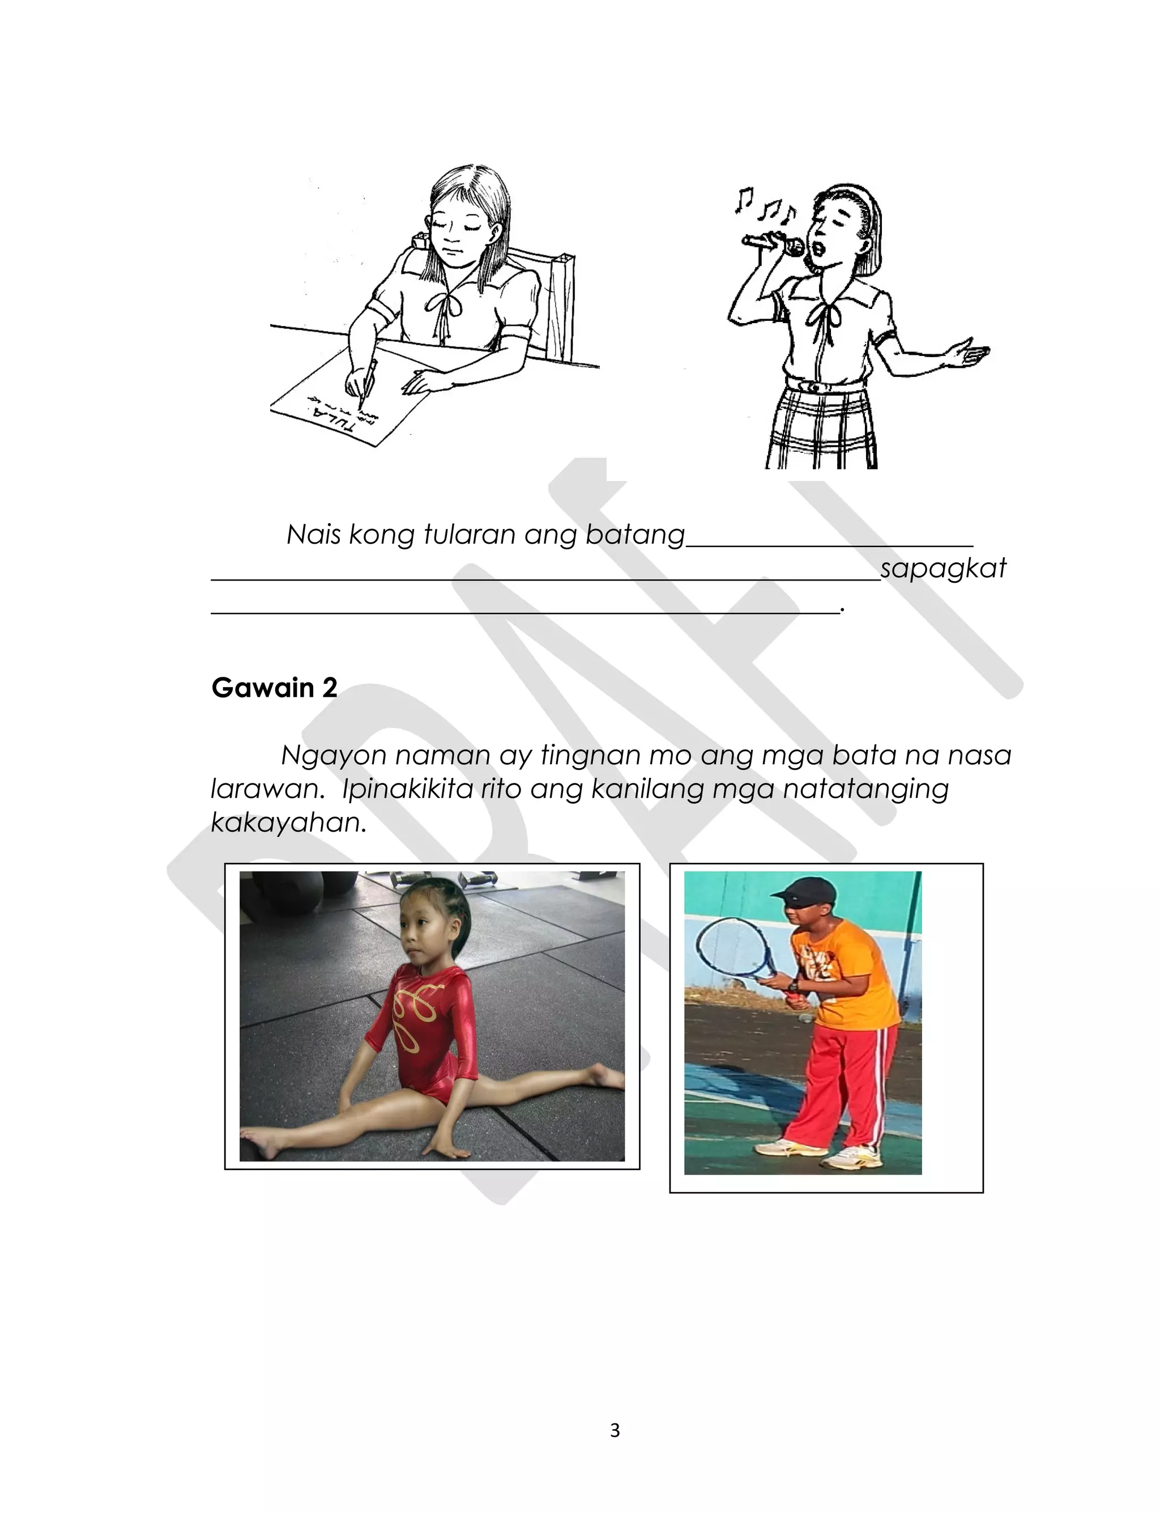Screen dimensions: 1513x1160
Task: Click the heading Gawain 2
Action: [x=274, y=688]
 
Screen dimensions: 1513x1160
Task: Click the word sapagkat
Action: [x=943, y=568]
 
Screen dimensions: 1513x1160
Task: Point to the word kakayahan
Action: [x=288, y=822]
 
